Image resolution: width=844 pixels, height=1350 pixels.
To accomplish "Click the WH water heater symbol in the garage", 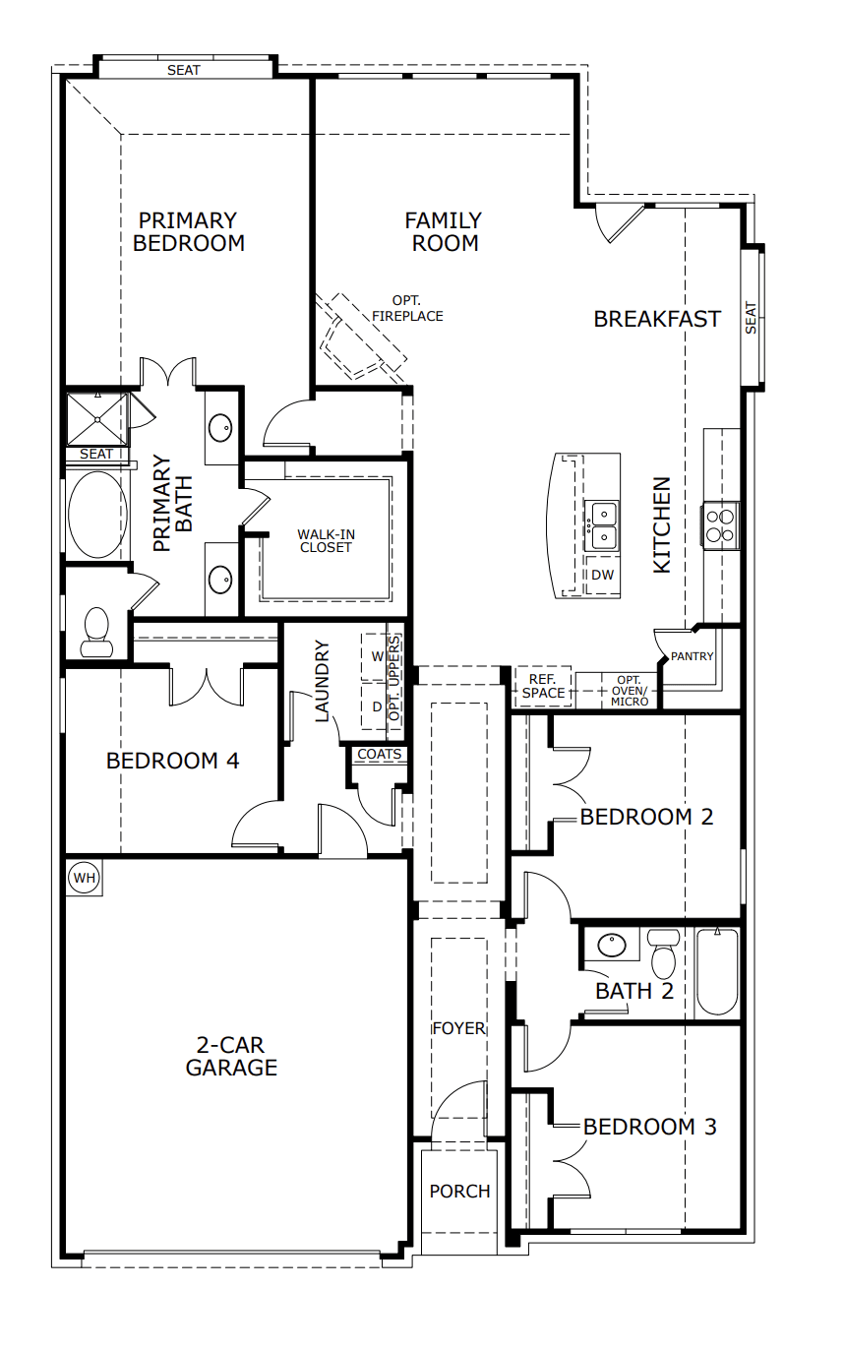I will (x=85, y=877).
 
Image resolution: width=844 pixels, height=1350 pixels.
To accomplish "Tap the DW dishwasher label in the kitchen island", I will (x=602, y=575).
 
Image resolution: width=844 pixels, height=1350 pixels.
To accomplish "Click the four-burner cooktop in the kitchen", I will (x=721, y=524).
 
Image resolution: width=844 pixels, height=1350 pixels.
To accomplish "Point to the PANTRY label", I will (x=693, y=656).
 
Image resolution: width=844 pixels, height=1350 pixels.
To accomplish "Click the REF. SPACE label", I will (x=544, y=686).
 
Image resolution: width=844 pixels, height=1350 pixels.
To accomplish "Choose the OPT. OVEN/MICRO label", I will (x=630, y=691).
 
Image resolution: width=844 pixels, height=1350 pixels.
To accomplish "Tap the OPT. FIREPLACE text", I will (x=407, y=309).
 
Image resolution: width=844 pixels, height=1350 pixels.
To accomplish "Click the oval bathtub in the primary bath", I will (x=97, y=515).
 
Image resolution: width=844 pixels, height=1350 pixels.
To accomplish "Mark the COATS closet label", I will (x=380, y=755).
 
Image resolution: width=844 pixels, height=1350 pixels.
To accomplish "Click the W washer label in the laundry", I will (x=376, y=655).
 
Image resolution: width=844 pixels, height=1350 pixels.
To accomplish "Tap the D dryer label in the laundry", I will (x=376, y=706).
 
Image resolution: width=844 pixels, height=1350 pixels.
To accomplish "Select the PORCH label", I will (x=459, y=1192).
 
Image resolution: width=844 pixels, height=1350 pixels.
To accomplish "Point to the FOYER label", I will (x=459, y=1028).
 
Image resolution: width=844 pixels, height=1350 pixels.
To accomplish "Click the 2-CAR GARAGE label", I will (x=231, y=1057).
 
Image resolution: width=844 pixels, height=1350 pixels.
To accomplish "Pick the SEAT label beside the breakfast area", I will (x=752, y=318).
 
